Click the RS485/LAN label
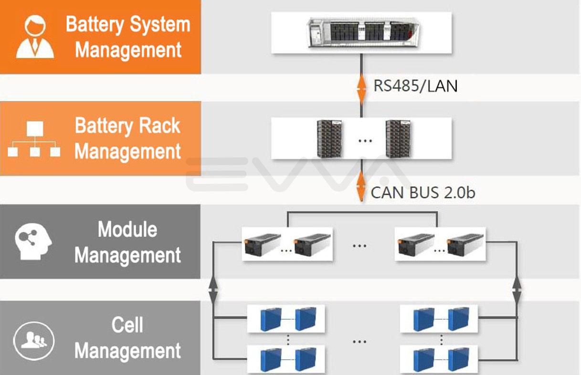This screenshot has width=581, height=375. (x=415, y=86)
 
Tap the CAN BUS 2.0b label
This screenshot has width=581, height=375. (x=423, y=193)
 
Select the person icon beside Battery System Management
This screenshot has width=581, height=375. (x=35, y=37)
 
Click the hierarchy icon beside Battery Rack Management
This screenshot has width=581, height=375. (x=34, y=139)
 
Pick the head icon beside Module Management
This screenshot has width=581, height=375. (x=33, y=242)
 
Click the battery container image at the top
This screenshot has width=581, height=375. (x=361, y=32)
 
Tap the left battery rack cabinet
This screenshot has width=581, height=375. (x=330, y=138)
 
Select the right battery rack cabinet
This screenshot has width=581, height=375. (x=399, y=138)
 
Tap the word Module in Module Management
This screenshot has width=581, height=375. (x=127, y=229)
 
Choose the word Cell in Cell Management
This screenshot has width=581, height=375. (x=127, y=325)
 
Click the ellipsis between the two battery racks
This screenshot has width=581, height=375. (x=365, y=140)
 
